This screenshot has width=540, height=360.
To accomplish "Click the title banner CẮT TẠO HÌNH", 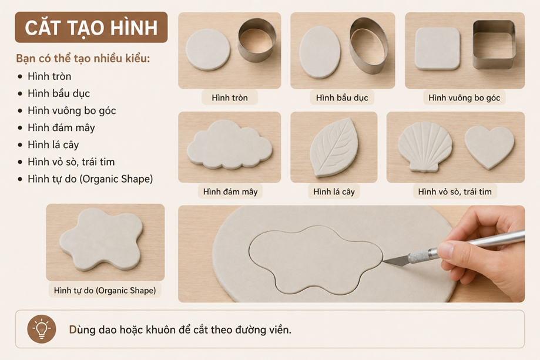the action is pos(91,27).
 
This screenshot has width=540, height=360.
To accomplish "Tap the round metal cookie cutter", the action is pos(257,40).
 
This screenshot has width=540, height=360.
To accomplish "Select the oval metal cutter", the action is pos(368,41).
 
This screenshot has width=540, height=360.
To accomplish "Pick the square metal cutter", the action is pos(494,44).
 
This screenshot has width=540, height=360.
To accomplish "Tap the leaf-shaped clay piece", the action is pos(334,147).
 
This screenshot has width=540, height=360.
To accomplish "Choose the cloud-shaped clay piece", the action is pos(229,144).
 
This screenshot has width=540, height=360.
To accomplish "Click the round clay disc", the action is pos(207,49).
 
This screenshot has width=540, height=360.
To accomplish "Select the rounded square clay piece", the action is pos(437,49).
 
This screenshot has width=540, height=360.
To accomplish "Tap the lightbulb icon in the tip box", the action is pos(42,329).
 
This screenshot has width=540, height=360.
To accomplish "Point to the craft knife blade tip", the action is pos(384,261).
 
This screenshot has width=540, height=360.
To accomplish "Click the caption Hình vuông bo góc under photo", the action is pos(464,97).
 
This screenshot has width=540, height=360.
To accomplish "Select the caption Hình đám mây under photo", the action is pos(230,191).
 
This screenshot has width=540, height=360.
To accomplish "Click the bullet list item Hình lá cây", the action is pos(53,144).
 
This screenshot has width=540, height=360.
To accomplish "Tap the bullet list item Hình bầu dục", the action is pos(59,93).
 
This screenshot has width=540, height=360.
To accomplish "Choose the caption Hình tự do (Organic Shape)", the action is pos(105,290).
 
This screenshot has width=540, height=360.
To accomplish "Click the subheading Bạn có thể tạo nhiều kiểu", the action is pos(83,58).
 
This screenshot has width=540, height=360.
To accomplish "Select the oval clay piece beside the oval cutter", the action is pos(320,52).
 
